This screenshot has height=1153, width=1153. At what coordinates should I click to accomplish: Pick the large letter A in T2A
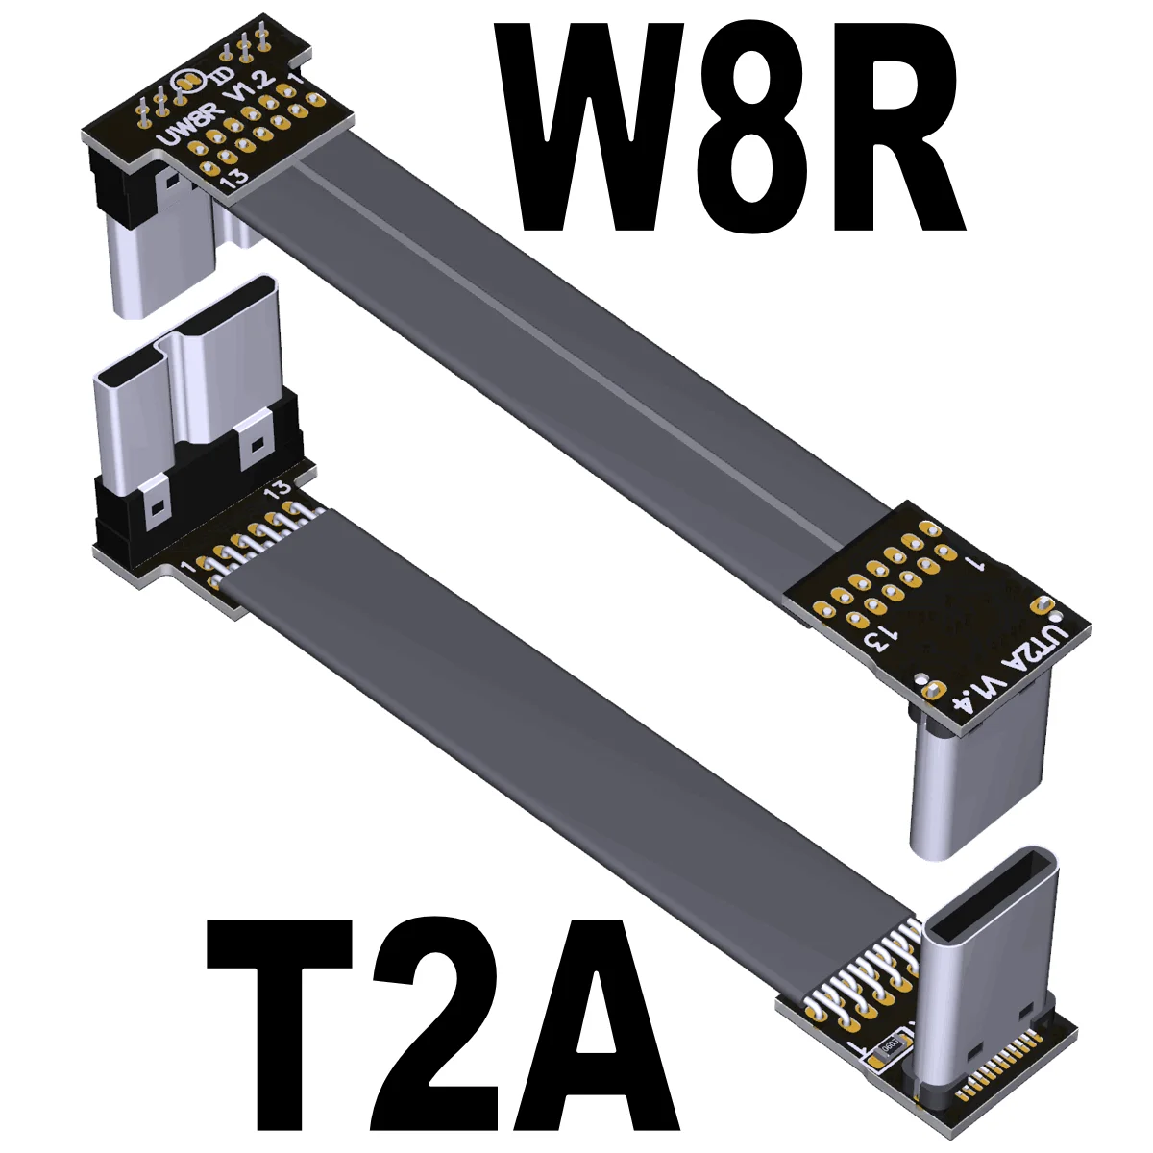point(599,1022)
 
